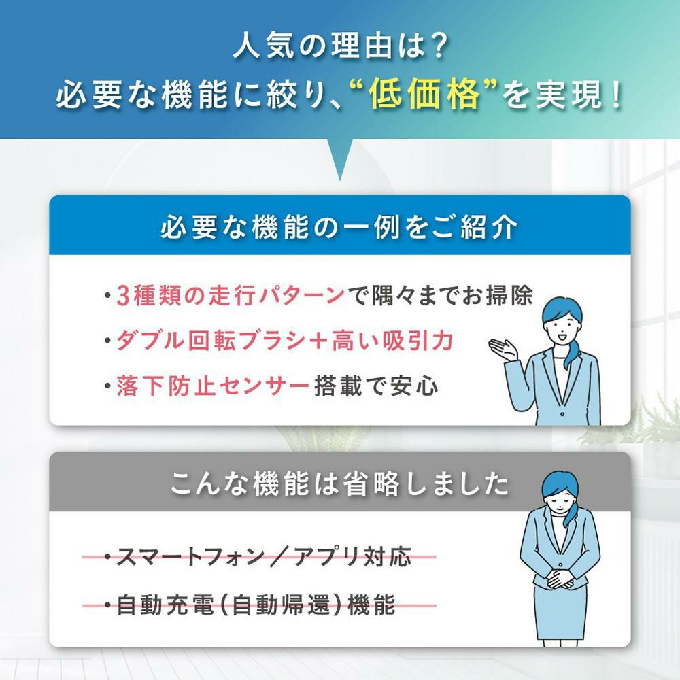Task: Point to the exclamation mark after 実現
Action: [x=615, y=95]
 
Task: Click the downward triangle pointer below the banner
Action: [x=339, y=159]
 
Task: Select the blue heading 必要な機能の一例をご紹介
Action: [x=339, y=226]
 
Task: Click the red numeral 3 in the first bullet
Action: [x=123, y=296]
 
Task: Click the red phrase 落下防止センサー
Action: [x=212, y=386]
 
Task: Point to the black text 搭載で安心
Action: [x=375, y=386]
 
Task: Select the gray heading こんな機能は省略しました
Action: [x=339, y=483]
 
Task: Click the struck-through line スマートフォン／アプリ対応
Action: [x=259, y=556]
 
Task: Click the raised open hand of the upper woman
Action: [x=503, y=347]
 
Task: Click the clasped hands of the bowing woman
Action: [x=560, y=577]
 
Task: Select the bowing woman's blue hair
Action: [x=562, y=492]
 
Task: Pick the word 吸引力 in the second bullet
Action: [x=418, y=341]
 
